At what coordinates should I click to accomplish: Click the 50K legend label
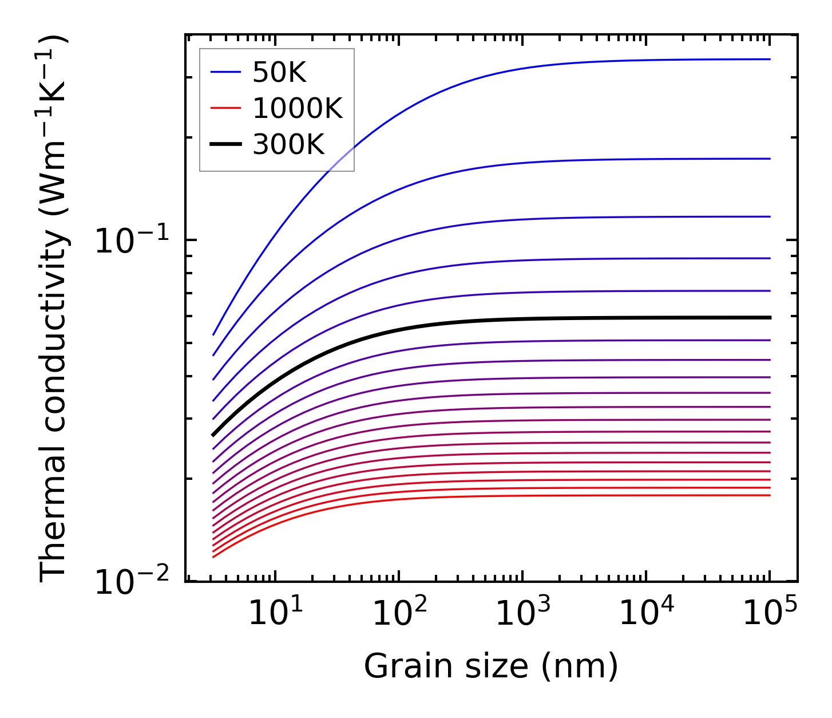click(x=279, y=73)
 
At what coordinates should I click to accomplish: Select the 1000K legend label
click(x=297, y=109)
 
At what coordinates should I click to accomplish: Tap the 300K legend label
click(x=288, y=145)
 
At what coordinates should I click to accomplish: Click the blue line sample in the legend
click(x=225, y=72)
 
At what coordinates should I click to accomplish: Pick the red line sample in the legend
click(x=225, y=108)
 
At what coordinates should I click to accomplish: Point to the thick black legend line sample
click(x=225, y=145)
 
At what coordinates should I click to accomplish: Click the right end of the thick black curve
click(x=770, y=317)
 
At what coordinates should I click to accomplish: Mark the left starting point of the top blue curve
click(x=213, y=334)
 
